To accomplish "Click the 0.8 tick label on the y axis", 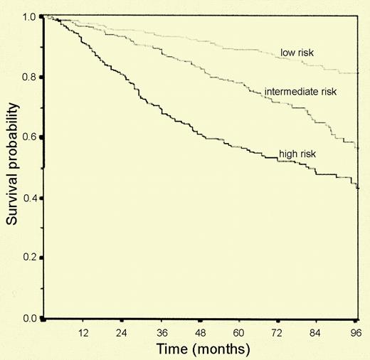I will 29,77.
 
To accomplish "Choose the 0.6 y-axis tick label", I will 29,137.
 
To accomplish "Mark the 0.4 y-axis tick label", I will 29,198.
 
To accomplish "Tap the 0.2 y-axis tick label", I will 29,258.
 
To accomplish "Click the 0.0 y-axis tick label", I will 29,318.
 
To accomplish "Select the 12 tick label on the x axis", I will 83,332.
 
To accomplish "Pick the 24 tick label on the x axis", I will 122,332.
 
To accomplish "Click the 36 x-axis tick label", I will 162,332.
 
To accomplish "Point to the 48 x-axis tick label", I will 201,332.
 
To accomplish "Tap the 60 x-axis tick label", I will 240,332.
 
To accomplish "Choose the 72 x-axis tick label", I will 279,332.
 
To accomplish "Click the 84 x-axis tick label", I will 318,332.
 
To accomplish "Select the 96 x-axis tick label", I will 355,332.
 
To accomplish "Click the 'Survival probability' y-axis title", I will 13,166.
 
